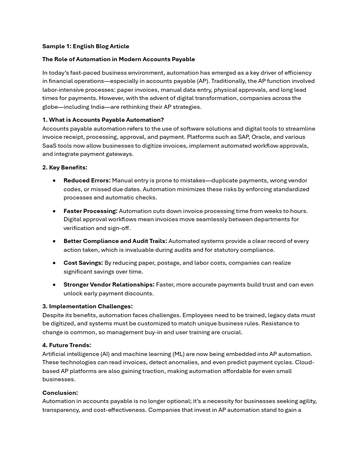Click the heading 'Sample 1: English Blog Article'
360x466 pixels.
click(85, 46)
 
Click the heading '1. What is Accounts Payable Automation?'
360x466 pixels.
click(103, 120)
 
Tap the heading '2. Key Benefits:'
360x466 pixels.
click(65, 168)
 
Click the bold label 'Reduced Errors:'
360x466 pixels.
click(86, 181)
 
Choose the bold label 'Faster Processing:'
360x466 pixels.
click(91, 211)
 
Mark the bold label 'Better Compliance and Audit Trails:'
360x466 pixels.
click(115, 241)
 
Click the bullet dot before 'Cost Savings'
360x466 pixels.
click(54, 263)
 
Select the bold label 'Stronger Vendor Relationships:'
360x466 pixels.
click(109, 285)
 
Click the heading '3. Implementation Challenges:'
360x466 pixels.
click(87, 307)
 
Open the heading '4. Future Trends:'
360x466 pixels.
click(66, 345)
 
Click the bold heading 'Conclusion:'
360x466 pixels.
click(60, 392)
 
